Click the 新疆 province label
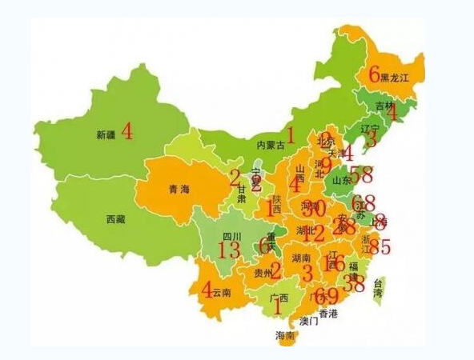[x=106, y=134]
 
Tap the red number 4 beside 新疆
[x=127, y=132]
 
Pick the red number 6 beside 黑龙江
[x=374, y=74]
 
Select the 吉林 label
[x=384, y=106]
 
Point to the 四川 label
[x=231, y=237]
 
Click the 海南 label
[x=285, y=336]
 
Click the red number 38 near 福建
[x=353, y=282]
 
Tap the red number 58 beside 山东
[x=361, y=174]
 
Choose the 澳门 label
[x=309, y=322]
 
